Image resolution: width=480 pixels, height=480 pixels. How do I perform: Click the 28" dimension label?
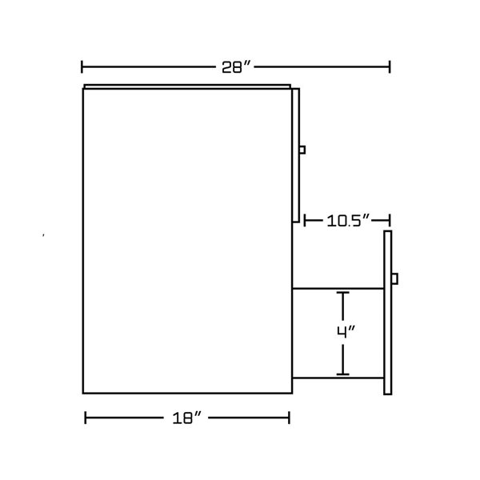237,67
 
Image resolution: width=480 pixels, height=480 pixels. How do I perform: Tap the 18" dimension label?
186,418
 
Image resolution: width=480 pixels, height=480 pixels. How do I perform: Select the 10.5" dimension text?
346,220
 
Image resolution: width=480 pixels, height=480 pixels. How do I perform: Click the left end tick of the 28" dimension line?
83,67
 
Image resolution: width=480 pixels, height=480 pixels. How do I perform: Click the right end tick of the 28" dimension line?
390,67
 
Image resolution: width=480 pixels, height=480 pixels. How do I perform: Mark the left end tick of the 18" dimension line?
86,417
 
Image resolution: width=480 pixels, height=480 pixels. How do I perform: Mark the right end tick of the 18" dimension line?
289,417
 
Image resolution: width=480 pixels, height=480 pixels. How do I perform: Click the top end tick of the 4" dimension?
343,294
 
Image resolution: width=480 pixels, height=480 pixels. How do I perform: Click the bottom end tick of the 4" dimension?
343,374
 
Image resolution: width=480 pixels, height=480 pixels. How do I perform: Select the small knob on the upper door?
302,149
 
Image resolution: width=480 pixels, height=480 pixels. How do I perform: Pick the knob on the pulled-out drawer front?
394,278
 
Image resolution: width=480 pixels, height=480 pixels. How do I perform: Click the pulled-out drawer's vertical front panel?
388,336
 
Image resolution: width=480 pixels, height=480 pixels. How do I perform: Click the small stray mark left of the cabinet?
43,235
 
